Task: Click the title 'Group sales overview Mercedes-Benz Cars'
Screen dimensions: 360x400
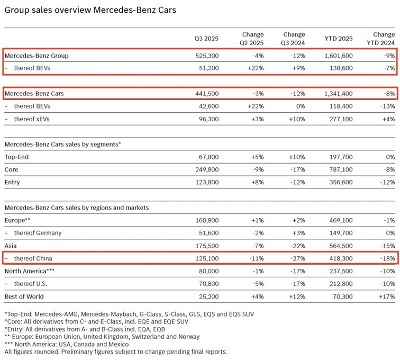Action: coord(90,10)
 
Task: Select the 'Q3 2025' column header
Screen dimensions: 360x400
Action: coord(206,38)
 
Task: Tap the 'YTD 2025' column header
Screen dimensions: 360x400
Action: coord(338,38)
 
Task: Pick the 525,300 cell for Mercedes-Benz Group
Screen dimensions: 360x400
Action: coord(207,55)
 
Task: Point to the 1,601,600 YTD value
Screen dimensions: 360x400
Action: coord(334,55)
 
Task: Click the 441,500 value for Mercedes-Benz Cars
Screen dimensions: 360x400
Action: coord(207,93)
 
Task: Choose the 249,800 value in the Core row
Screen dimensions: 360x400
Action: coord(207,170)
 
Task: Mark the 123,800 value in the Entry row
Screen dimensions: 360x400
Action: coord(207,183)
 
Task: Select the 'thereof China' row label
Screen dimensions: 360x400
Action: coord(33,258)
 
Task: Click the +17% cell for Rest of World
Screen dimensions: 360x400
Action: coord(386,296)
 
